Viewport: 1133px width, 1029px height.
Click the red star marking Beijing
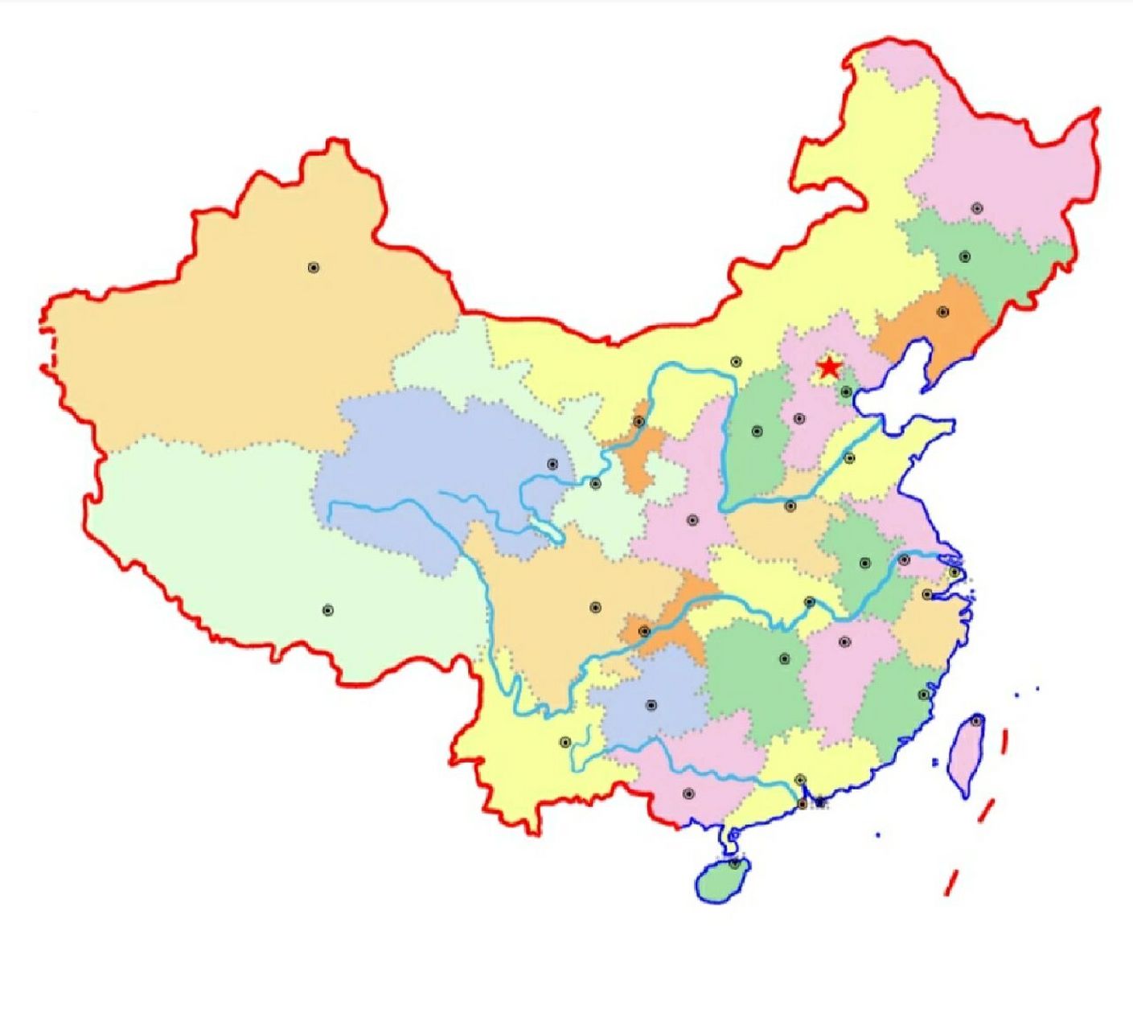pyautogui.click(x=828, y=368)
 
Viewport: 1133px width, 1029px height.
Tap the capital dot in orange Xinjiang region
pyautogui.click(x=314, y=268)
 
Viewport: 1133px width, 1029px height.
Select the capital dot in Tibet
pyautogui.click(x=327, y=610)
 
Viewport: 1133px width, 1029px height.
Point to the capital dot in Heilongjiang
pyautogui.click(x=977, y=208)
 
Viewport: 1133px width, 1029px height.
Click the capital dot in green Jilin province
pyautogui.click(x=965, y=257)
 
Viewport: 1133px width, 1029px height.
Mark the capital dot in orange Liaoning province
pyautogui.click(x=943, y=312)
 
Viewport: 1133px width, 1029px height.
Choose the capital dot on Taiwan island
pyautogui.click(x=976, y=721)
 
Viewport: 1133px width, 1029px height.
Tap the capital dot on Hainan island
pyautogui.click(x=734, y=863)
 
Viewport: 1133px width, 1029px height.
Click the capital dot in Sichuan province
pyautogui.click(x=595, y=608)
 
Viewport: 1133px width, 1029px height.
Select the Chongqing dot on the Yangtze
pyautogui.click(x=644, y=631)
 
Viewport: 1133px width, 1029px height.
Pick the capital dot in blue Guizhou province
pyautogui.click(x=651, y=706)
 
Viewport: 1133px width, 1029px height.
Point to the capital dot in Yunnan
pyautogui.click(x=565, y=742)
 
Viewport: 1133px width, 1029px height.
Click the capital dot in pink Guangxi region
pyautogui.click(x=688, y=793)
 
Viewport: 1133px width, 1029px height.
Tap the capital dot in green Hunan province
pyautogui.click(x=785, y=659)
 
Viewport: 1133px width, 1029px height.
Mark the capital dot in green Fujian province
pyautogui.click(x=924, y=695)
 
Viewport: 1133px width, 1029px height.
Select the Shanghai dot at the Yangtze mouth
pyautogui.click(x=954, y=572)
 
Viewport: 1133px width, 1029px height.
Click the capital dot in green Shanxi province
pyautogui.click(x=757, y=432)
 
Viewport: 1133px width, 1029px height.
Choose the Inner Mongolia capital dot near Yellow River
pyautogui.click(x=735, y=363)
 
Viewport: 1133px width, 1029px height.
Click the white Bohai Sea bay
pyautogui.click(x=893, y=402)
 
